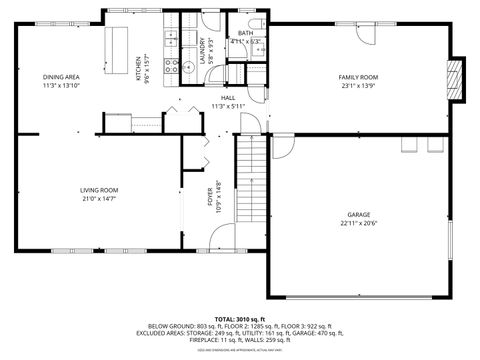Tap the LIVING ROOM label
point(100,189)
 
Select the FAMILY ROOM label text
point(357,78)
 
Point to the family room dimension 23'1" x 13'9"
point(357,86)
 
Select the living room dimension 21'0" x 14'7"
point(100,198)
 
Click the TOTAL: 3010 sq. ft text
point(241,317)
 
